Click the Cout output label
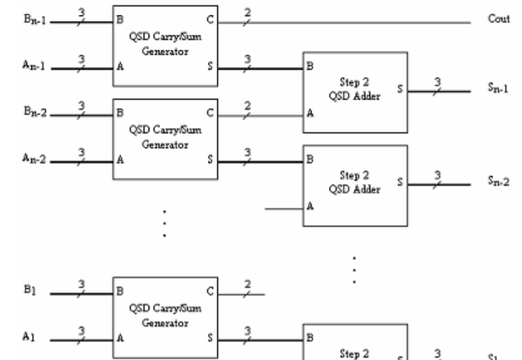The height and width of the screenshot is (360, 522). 495,19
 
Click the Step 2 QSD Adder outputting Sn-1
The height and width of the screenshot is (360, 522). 355,92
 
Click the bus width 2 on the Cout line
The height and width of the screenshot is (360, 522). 246,12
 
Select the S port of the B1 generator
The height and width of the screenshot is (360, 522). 210,339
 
